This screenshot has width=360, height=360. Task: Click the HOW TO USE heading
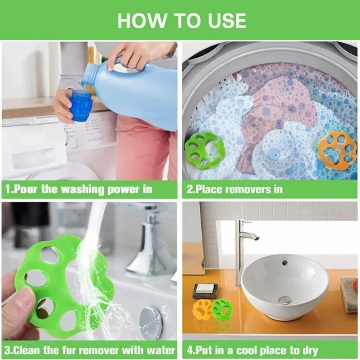tap(181, 20)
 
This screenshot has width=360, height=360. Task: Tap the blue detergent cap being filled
tap(81, 106)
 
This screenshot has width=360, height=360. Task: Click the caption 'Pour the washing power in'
tap(79, 189)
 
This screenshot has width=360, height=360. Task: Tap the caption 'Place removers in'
tap(234, 189)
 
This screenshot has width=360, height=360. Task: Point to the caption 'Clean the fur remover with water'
tap(90, 350)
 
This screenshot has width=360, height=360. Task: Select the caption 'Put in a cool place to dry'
tap(252, 350)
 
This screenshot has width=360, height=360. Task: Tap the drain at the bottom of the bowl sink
tap(285, 300)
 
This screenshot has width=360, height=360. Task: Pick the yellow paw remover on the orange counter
tap(202, 309)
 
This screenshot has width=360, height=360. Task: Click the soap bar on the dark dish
tap(205, 288)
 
